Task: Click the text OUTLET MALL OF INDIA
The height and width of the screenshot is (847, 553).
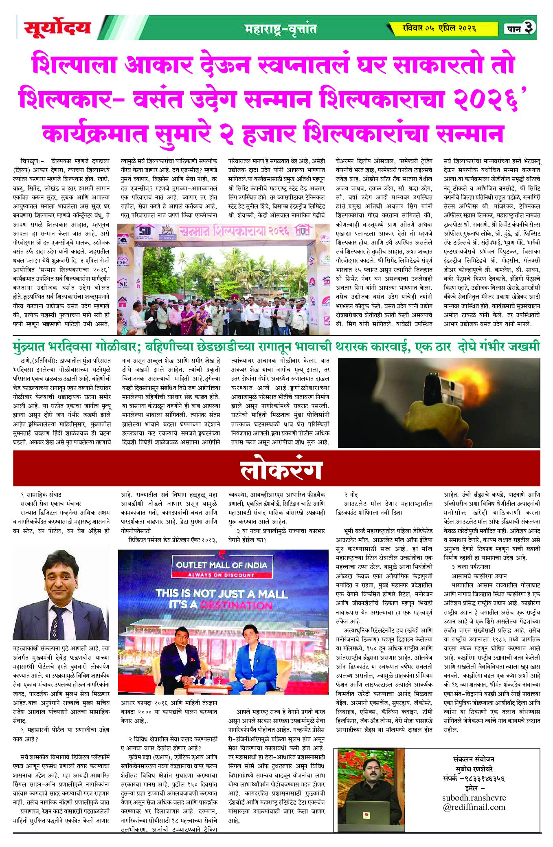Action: (222, 565)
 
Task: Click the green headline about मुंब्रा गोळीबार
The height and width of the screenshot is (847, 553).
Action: (276, 347)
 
